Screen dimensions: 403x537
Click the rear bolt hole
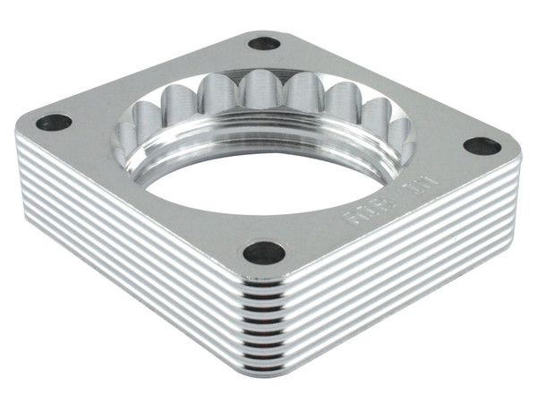264,42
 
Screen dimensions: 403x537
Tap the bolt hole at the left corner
54,122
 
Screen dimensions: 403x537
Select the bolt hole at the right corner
482,145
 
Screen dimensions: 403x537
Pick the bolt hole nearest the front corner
265,253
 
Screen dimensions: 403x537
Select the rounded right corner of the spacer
517,166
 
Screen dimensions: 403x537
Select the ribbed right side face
403,269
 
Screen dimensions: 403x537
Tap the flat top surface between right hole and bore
443,157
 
